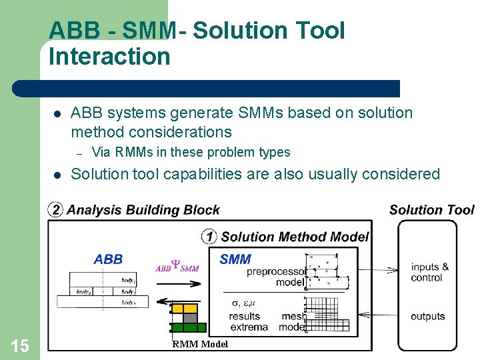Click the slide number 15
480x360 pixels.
[x=20, y=345]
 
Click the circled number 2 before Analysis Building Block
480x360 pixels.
[x=55, y=211]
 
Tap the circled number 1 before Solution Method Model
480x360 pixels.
[x=209, y=237]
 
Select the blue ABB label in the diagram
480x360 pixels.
[x=108, y=259]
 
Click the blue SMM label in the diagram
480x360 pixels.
[x=235, y=259]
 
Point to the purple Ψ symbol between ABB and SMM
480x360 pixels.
[x=177, y=265]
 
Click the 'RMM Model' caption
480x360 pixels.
[x=200, y=344]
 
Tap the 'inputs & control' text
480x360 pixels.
[x=429, y=272]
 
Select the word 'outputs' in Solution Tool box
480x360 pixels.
[x=427, y=316]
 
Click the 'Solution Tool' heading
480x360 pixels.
[x=431, y=210]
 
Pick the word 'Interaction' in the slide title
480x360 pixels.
[x=109, y=57]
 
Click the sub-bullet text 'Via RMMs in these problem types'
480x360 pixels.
[x=191, y=152]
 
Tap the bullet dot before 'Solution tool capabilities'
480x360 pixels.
[x=57, y=175]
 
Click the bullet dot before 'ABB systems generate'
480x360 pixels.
[x=57, y=114]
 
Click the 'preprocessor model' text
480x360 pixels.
[x=275, y=277]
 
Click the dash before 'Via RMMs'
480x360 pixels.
[x=77, y=153]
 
